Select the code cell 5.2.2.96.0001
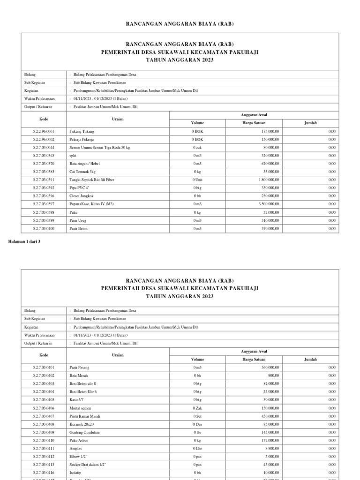coord(44,131)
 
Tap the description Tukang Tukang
coord(82,131)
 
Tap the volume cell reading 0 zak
coord(197,148)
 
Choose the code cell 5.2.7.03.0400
coord(44,228)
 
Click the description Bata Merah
coord(79,375)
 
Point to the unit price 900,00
coord(273,375)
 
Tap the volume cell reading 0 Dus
coord(197,424)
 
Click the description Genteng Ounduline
coord(85,432)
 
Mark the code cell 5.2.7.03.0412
coord(44,456)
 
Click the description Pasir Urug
coord(79,220)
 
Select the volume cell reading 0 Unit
coord(197,180)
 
